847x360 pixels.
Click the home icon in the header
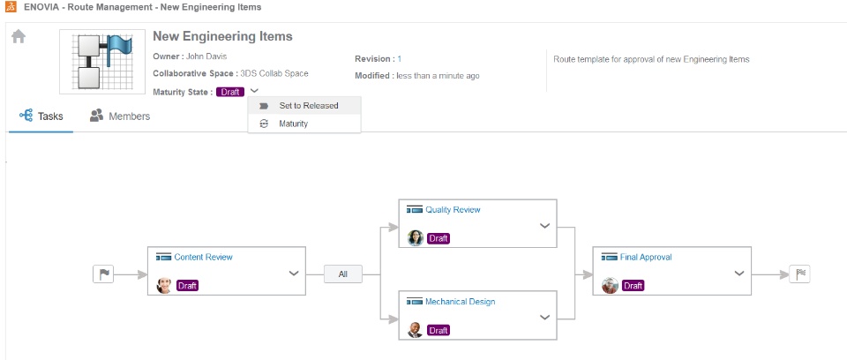pos(18,37)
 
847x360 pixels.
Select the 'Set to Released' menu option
pos(308,106)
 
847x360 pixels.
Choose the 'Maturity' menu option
pos(293,124)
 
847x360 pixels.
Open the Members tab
pos(120,116)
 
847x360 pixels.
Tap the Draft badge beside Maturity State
pos(229,92)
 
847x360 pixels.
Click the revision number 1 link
pos(399,58)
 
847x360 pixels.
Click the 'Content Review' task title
pos(203,258)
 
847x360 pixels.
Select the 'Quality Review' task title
pos(453,210)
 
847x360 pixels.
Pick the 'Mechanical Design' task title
pos(460,302)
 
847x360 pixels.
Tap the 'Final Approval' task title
pos(646,258)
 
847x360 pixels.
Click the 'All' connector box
pos(342,274)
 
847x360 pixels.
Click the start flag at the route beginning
pos(103,274)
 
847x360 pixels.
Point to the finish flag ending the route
pos(799,274)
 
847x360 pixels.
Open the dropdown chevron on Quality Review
pos(544,226)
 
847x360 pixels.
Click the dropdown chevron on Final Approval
pos(738,274)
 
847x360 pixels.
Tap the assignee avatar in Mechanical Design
pos(416,330)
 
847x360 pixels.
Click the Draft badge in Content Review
pos(187,286)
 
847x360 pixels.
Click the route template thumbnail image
pos(101,62)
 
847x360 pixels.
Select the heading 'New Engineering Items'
pos(222,37)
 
